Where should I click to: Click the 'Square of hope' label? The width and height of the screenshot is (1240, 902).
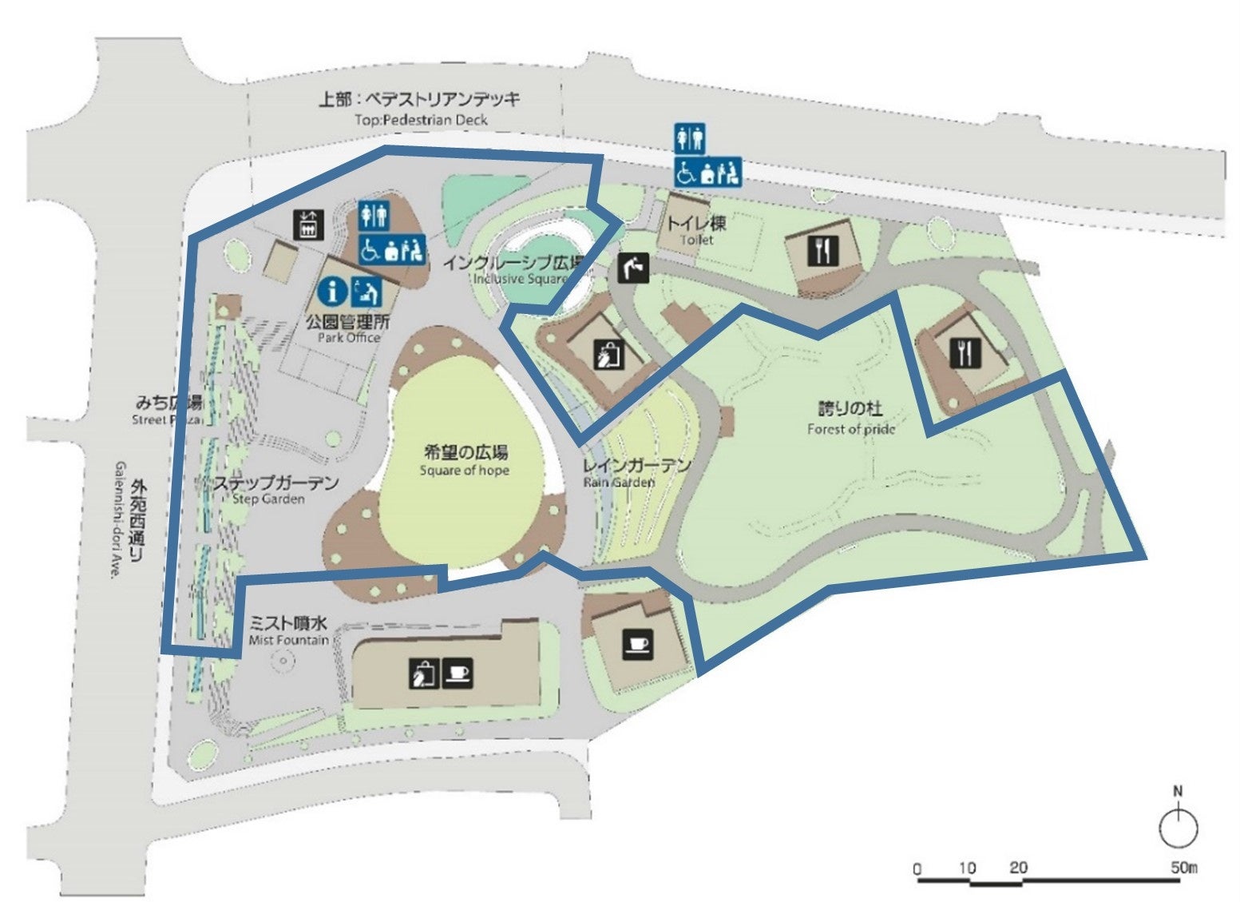[464, 471]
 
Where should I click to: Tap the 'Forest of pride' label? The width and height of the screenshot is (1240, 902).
[850, 429]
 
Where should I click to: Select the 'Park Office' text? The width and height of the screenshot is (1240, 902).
[349, 338]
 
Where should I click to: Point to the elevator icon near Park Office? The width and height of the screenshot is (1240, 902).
[308, 225]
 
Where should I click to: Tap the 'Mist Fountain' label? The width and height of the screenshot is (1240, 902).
[288, 640]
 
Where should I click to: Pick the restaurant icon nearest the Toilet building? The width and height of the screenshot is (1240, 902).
[822, 252]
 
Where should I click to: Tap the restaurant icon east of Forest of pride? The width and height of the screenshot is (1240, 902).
[965, 352]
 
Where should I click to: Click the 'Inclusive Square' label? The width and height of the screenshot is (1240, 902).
[520, 279]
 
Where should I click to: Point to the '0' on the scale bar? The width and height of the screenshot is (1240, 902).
[917, 868]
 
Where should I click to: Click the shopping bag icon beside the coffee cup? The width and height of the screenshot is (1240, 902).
[422, 674]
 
